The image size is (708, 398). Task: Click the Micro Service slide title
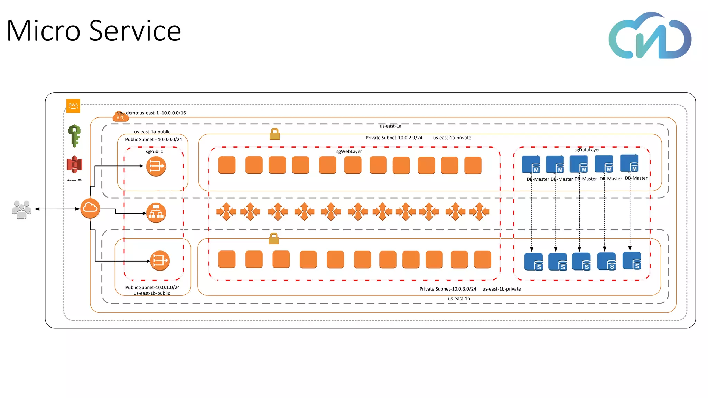[x=94, y=31]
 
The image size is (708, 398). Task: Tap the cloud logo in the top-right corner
[x=650, y=36]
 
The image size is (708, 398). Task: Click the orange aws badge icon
[x=73, y=106]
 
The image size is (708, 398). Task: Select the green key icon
[x=74, y=136]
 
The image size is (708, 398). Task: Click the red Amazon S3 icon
[x=74, y=164]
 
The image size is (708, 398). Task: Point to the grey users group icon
[x=21, y=209]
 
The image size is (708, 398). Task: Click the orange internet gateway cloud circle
[x=90, y=208]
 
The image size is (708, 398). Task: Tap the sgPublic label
[x=154, y=152]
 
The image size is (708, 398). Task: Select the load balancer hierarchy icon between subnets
[x=156, y=213]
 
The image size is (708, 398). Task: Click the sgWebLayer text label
[x=349, y=152]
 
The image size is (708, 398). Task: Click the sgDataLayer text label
[x=587, y=150]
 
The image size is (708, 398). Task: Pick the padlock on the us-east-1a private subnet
[x=274, y=134]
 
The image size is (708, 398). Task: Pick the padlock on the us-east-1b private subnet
[x=274, y=238]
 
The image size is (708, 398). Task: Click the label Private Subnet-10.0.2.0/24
[x=394, y=138]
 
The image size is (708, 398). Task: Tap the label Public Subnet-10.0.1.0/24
[x=152, y=287]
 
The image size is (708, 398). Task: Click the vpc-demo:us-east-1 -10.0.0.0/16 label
[x=151, y=113]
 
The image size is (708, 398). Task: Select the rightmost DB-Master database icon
[x=629, y=163]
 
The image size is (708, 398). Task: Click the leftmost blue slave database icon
[x=533, y=262]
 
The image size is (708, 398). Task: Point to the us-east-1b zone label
[x=459, y=299]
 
